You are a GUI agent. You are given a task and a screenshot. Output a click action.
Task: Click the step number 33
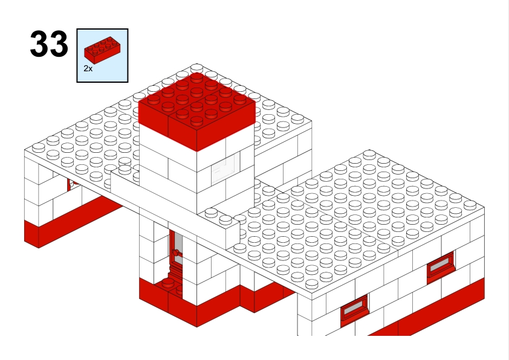click(x=49, y=43)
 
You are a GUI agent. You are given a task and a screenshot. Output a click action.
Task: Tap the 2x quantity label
click(x=88, y=69)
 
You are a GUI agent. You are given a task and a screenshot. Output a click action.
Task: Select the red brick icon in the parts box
click(x=103, y=50)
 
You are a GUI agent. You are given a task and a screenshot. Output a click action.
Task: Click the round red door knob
click(x=176, y=252)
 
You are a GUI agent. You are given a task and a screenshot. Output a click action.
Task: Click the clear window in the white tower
click(x=225, y=169)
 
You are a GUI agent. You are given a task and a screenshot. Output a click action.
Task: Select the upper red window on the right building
click(x=441, y=265)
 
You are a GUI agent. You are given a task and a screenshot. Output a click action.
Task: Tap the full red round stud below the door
click(x=168, y=283)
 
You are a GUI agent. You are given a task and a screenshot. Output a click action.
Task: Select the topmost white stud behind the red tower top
click(x=196, y=68)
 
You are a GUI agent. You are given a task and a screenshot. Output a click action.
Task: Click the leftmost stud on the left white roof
click(x=38, y=147)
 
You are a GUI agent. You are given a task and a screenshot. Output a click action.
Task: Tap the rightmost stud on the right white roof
click(x=470, y=205)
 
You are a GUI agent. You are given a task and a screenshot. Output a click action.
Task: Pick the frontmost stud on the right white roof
click(x=312, y=284)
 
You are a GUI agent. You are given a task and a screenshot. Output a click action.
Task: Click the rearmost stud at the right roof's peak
click(x=369, y=155)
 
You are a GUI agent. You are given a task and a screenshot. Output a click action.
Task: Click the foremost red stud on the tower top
click(x=196, y=121)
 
